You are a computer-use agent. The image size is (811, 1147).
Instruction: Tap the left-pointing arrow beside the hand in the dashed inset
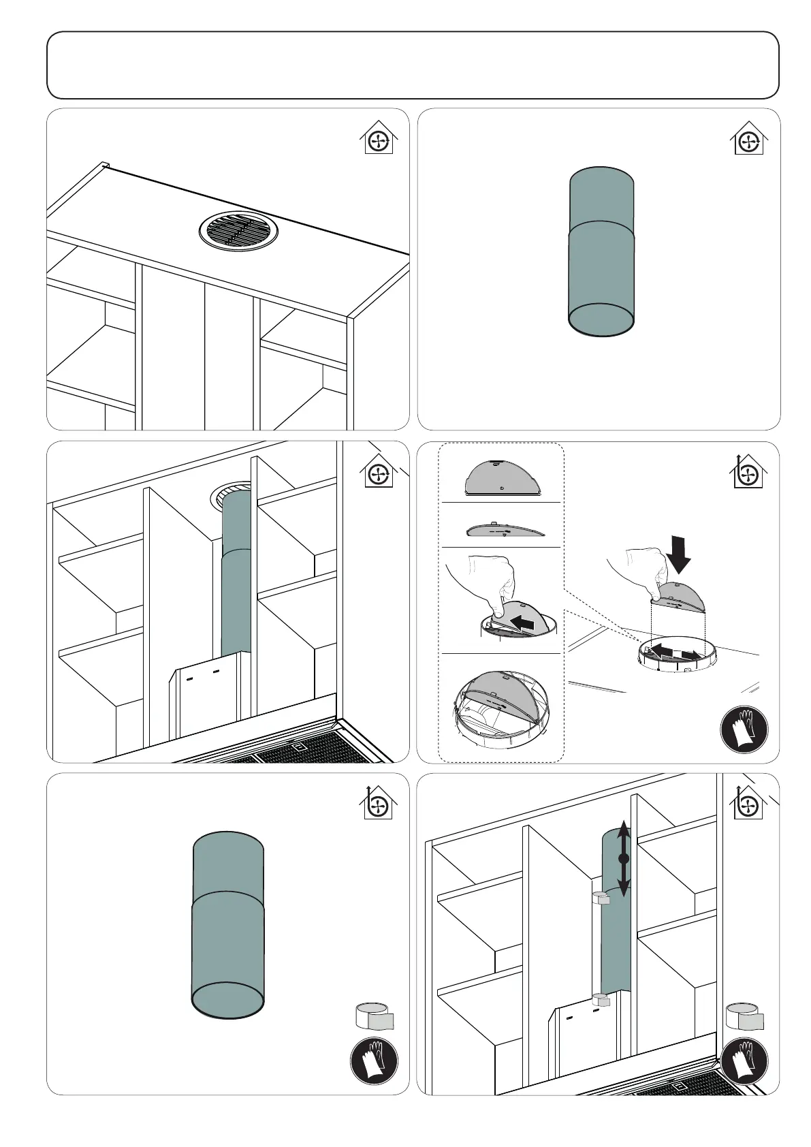[x=530, y=621]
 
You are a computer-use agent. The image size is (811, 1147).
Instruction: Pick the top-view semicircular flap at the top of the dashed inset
[x=503, y=477]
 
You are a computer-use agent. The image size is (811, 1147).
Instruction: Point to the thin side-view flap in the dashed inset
[x=504, y=531]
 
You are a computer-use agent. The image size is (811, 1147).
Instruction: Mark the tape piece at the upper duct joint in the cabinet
[x=601, y=898]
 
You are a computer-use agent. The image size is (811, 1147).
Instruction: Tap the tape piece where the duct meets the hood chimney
[x=601, y=1000]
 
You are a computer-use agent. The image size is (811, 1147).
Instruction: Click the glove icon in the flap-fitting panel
[x=744, y=729]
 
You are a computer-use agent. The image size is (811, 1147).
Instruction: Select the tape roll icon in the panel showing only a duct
[x=375, y=1016]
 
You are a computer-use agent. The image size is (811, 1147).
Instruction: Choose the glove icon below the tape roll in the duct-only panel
[x=374, y=1060]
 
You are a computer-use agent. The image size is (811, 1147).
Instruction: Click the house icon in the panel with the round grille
[x=378, y=139]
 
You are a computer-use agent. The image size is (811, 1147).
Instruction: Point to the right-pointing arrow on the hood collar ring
[x=689, y=655]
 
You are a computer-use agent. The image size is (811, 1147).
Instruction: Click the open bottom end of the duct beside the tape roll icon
[x=228, y=999]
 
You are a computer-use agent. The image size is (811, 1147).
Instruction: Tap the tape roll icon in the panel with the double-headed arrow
[x=745, y=1016]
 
